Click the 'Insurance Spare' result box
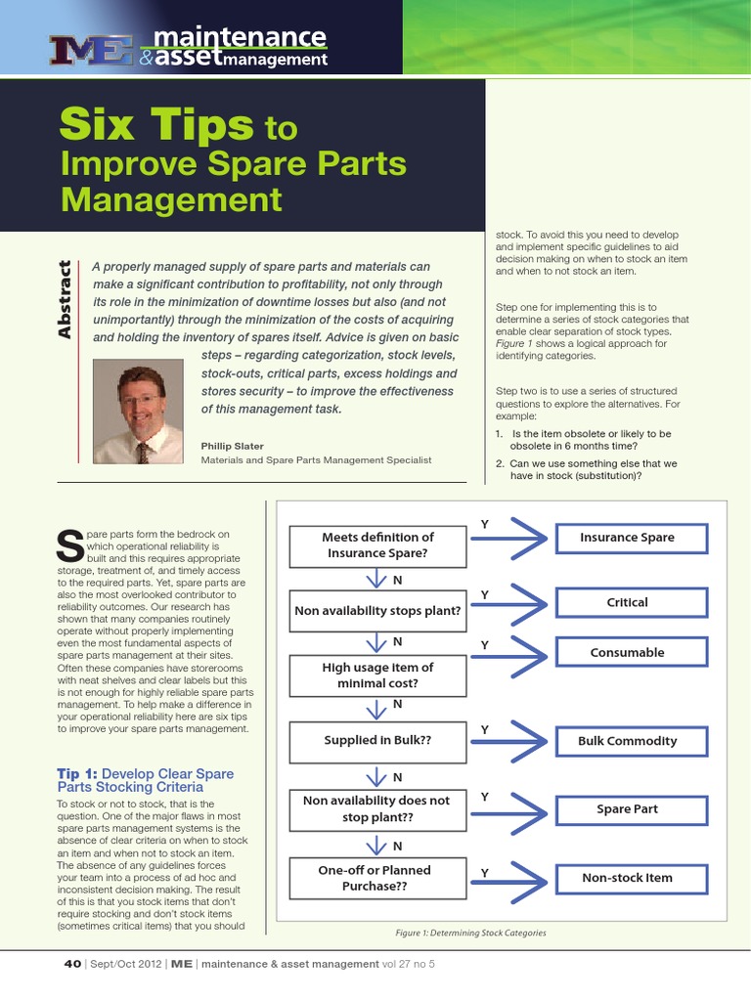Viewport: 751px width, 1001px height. (627, 538)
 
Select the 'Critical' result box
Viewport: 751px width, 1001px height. (627, 603)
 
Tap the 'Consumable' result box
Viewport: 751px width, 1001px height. (627, 652)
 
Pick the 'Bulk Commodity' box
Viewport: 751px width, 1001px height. (627, 741)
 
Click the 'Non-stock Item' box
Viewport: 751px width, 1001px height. (627, 878)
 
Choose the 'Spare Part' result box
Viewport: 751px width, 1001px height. (627, 809)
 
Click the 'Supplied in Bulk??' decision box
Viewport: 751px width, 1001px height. (376, 741)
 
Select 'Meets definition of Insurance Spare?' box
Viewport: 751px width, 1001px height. (376, 545)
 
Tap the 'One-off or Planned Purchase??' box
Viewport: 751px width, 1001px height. (376, 878)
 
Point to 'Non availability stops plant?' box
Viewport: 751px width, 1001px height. (376, 611)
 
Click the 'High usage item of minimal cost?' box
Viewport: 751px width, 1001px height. (376, 675)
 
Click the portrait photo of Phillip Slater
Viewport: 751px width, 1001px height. (137, 412)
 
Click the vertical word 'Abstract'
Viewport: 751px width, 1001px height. (66, 299)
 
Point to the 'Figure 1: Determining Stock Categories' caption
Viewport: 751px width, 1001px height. (470, 933)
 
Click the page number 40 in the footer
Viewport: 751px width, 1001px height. (72, 964)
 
